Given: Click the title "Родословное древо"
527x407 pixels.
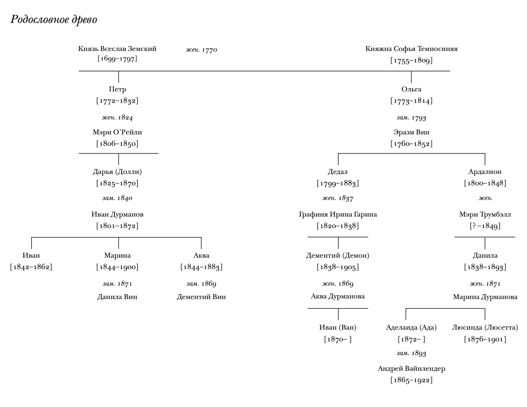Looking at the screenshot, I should coord(54,20).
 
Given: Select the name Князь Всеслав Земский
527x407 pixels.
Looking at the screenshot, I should coord(117,49).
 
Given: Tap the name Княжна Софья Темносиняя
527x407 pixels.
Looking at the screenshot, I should coord(411,49).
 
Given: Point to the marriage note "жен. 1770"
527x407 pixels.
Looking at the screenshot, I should coord(201,50).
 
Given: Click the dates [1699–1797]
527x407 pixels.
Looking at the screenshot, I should coord(117,59).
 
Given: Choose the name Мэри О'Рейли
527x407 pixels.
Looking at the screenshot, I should coord(117,132).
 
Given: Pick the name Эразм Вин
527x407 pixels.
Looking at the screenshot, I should coord(411,132).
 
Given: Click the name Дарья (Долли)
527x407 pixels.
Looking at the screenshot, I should coord(117,172).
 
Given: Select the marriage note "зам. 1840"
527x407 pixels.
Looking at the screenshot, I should coord(117,198).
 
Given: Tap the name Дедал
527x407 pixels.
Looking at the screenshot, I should coord(338,172).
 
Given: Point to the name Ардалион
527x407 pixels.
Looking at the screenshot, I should coord(485,172).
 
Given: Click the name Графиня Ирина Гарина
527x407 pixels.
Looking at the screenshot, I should coord(338,214).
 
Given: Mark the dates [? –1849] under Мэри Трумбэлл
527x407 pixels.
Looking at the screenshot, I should coord(485,226).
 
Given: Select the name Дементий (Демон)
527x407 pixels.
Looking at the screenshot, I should coord(338,255).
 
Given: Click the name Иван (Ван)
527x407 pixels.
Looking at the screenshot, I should coord(338,327).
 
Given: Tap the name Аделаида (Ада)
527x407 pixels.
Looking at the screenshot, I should coord(411,327).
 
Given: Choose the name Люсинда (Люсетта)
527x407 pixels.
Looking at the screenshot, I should coord(485,327).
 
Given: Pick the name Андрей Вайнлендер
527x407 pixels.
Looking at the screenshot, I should coord(411,368).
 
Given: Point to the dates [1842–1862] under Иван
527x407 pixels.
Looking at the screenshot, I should coord(31,267).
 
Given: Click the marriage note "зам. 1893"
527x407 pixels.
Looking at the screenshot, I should coord(411,353).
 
